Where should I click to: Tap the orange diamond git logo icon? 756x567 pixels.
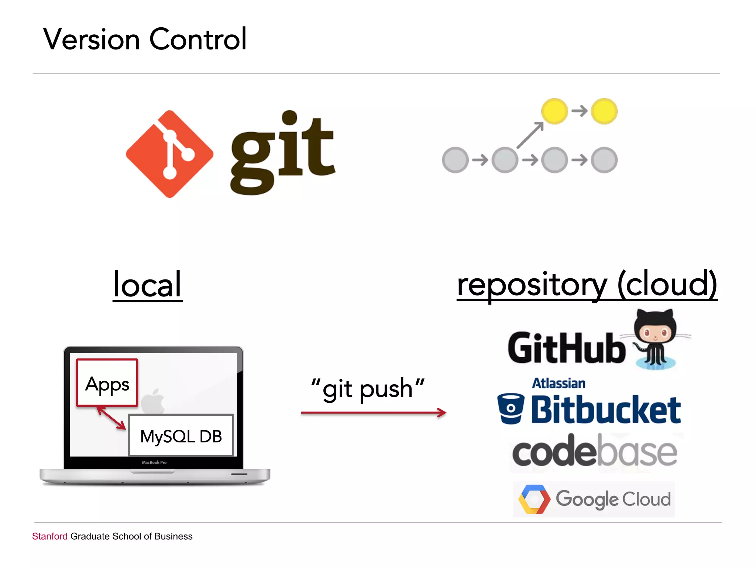(169, 154)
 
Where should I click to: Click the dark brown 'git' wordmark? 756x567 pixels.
(282, 153)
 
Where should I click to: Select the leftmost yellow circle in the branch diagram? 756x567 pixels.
(554, 111)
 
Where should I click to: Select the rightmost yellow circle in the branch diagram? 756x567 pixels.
(604, 111)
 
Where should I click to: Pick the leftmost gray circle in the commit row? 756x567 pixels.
(455, 160)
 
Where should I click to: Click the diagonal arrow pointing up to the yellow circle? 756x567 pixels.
(530, 135)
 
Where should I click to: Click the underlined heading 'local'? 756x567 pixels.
(147, 285)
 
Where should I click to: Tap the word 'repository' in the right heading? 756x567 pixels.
(532, 285)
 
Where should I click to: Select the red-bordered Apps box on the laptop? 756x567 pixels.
(107, 383)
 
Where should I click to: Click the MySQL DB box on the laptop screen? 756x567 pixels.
(181, 436)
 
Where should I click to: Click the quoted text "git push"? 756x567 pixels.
(368, 389)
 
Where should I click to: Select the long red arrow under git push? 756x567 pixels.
(373, 413)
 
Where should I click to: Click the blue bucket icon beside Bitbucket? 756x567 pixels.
(511, 408)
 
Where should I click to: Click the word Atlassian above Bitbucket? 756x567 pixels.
(558, 384)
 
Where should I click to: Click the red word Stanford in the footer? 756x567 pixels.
(50, 536)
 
